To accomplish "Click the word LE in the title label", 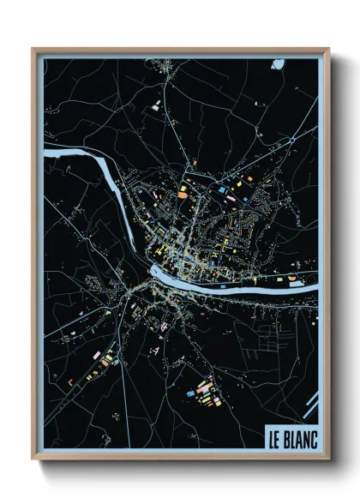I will [x=275, y=435].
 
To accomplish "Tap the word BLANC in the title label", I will [x=300, y=435].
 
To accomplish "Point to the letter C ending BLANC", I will [x=313, y=435].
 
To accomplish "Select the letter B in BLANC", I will [x=287, y=435].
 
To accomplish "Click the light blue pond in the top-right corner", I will [x=279, y=63].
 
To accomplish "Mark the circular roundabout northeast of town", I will [x=291, y=139].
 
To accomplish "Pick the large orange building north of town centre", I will [x=183, y=194].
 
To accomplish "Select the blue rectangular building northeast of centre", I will [x=222, y=189].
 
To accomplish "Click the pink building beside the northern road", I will [x=157, y=106].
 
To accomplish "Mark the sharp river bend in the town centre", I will [x=154, y=272].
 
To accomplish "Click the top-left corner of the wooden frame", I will [x=33, y=49].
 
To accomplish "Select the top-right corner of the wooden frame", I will [x=328, y=49].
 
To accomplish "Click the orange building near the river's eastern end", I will [x=293, y=279].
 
